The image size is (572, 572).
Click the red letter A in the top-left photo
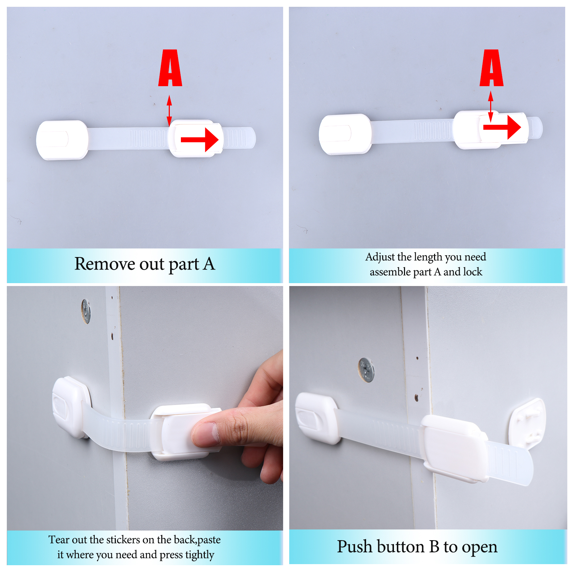pyautogui.click(x=170, y=68)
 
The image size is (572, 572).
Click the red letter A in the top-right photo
pyautogui.click(x=492, y=68)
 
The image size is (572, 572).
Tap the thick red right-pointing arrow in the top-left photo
pyautogui.click(x=199, y=140)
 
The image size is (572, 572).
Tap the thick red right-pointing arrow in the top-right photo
pyautogui.click(x=502, y=127)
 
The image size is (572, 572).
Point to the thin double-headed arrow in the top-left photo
pyautogui.click(x=169, y=110)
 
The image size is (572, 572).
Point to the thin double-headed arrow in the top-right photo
pyautogui.click(x=491, y=107)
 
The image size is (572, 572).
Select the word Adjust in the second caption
pyautogui.click(x=380, y=257)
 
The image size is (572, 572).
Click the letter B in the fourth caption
pyautogui.click(x=434, y=547)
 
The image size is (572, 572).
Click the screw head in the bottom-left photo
pyautogui.click(x=86, y=311)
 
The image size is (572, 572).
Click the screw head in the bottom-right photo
pyautogui.click(x=366, y=370)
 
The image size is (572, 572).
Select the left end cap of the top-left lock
pyautogui.click(x=62, y=140)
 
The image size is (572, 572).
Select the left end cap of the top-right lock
pyautogui.click(x=345, y=134)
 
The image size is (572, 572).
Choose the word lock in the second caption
pyautogui.click(x=473, y=272)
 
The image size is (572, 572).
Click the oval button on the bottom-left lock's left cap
pyautogui.click(x=60, y=406)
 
